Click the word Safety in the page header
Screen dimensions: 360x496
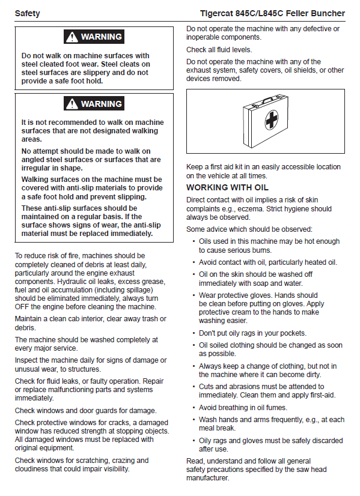[x=27, y=14]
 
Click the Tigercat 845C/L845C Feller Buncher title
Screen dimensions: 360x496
[x=272, y=14]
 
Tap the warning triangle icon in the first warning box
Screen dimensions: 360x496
[x=72, y=37]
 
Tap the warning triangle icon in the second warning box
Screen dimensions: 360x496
[x=72, y=104]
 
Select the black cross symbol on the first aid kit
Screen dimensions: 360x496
[x=271, y=119]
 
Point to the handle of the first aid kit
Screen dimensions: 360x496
[x=269, y=99]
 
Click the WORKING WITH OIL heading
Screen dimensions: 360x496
[x=227, y=187]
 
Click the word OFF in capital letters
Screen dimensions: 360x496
[x=22, y=307]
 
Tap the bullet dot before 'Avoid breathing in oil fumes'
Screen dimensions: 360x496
[x=194, y=408]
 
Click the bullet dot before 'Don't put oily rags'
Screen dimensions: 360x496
[x=194, y=333]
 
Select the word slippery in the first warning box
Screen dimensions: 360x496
[x=93, y=73]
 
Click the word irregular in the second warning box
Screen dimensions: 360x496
[x=37, y=168]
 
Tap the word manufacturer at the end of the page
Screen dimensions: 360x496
[x=207, y=478]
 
